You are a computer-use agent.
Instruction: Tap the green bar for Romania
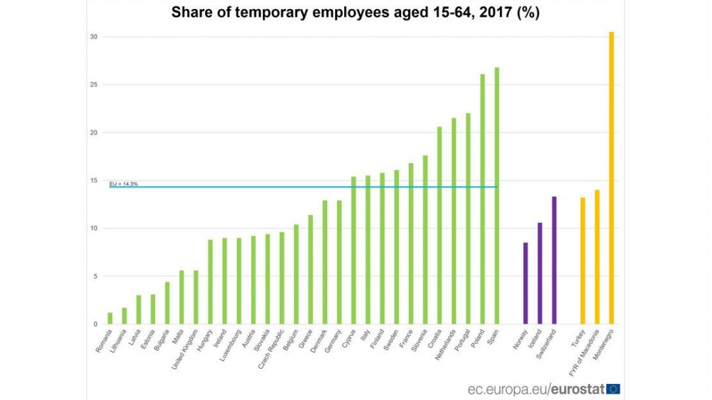click(x=110, y=318)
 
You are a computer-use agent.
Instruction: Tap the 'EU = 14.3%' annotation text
click(x=123, y=183)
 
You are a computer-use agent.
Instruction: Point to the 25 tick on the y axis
click(x=94, y=85)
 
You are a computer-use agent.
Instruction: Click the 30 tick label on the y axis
click(x=94, y=37)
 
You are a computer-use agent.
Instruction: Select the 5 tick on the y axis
click(x=95, y=276)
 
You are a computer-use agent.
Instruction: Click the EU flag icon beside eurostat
click(x=613, y=389)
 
